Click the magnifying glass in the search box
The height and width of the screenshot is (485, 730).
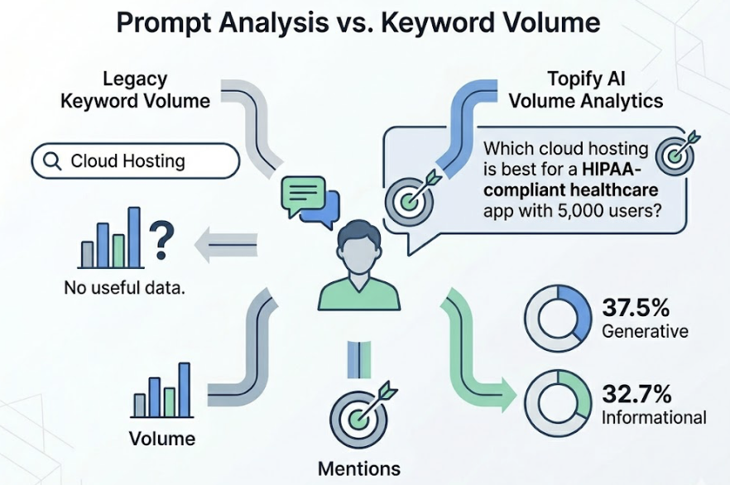[51, 161]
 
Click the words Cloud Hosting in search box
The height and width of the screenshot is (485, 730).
[127, 161]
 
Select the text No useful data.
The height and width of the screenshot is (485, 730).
[123, 289]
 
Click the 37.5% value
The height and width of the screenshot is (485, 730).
[636, 309]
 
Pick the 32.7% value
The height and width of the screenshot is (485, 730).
[636, 392]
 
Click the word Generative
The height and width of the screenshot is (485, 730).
[645, 332]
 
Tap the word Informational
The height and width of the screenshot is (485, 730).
[654, 417]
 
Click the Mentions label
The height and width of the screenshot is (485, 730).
[359, 468]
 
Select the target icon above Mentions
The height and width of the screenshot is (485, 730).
[358, 415]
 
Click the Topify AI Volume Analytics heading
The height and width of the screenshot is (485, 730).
[585, 90]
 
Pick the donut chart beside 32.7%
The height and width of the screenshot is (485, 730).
[557, 401]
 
